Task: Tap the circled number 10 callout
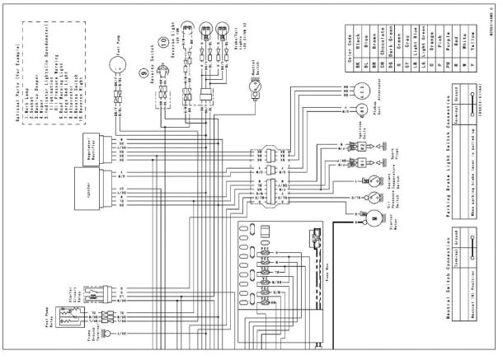tap(164, 40)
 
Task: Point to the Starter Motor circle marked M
tap(372, 217)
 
